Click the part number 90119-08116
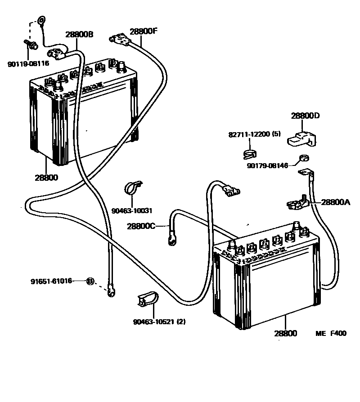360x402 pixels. [28, 63]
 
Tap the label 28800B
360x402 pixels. [79, 34]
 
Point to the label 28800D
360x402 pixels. [305, 116]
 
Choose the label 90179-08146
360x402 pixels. [267, 165]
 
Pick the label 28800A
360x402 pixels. [335, 202]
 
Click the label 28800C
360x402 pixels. [141, 226]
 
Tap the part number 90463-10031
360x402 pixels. [132, 210]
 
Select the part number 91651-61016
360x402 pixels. [51, 281]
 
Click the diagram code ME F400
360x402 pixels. [331, 334]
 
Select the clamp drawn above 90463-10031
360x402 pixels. [132, 188]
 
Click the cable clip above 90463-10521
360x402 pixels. [148, 299]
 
